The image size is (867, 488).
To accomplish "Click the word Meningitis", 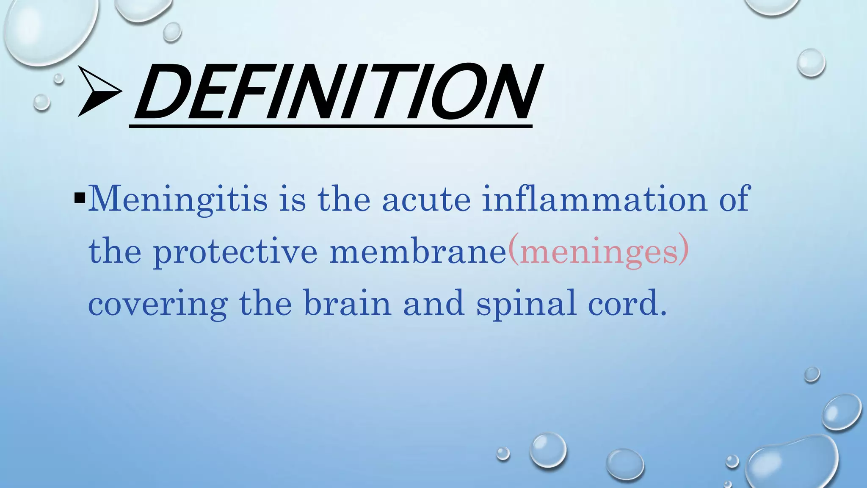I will tap(178, 199).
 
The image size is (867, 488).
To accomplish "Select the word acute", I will tap(426, 199).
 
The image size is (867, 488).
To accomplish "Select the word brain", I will tap(348, 303).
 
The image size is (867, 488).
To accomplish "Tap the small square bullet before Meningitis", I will tap(80, 198).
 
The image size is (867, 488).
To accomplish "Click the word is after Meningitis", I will tap(292, 199).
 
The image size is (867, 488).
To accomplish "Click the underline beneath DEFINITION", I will tap(330, 126).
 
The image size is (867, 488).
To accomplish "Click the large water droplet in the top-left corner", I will tap(49, 30).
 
